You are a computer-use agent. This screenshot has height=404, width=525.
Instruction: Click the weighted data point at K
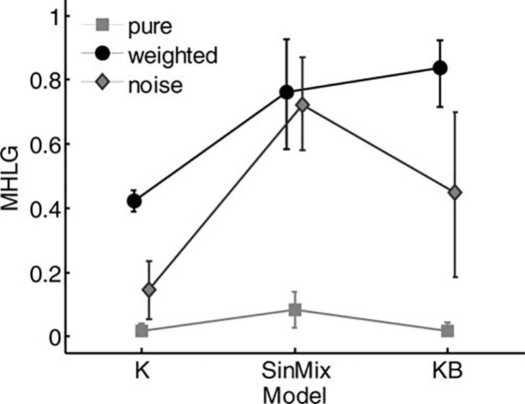(134, 201)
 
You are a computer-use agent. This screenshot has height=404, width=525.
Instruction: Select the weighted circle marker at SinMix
(287, 92)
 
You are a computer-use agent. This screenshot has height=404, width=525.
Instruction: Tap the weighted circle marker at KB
(440, 68)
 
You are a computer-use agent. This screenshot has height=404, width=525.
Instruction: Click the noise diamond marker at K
(130, 289)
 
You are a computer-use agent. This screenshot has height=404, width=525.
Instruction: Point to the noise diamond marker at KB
(456, 192)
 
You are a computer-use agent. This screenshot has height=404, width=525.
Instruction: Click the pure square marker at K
(141, 331)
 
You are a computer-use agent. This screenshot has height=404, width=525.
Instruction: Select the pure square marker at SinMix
(295, 310)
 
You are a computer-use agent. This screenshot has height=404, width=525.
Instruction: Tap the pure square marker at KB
(448, 331)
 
